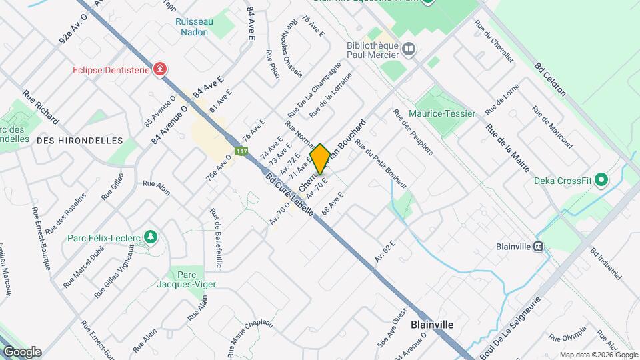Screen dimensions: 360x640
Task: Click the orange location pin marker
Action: pyautogui.click(x=320, y=159)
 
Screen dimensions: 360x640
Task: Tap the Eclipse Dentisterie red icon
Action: pyautogui.click(x=159, y=69)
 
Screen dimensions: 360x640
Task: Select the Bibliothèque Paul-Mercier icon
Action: pyautogui.click(x=408, y=48)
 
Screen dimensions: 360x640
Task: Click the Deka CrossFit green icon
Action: pyautogui.click(x=601, y=180)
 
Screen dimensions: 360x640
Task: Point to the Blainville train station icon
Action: pyautogui.click(x=538, y=246)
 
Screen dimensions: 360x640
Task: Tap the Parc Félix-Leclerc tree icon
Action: pyautogui.click(x=151, y=237)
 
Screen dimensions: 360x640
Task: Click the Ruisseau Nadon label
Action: pyautogui.click(x=194, y=27)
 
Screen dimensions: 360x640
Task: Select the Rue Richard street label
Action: pyautogui.click(x=41, y=107)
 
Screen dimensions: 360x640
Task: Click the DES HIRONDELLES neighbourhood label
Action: pyautogui.click(x=80, y=141)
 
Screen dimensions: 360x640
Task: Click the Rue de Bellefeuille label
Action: pyautogui.click(x=216, y=238)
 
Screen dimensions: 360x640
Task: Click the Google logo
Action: pyautogui.click(x=22, y=352)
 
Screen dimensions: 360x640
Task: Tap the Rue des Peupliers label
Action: pyautogui.click(x=413, y=131)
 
